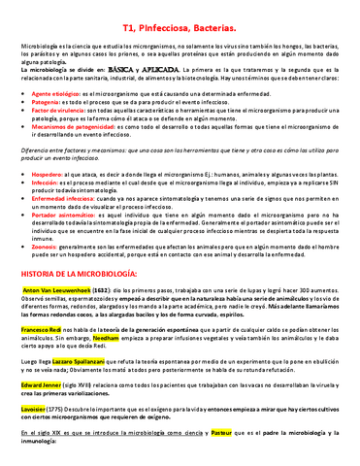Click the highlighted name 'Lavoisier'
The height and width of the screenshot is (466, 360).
pos(33,407)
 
